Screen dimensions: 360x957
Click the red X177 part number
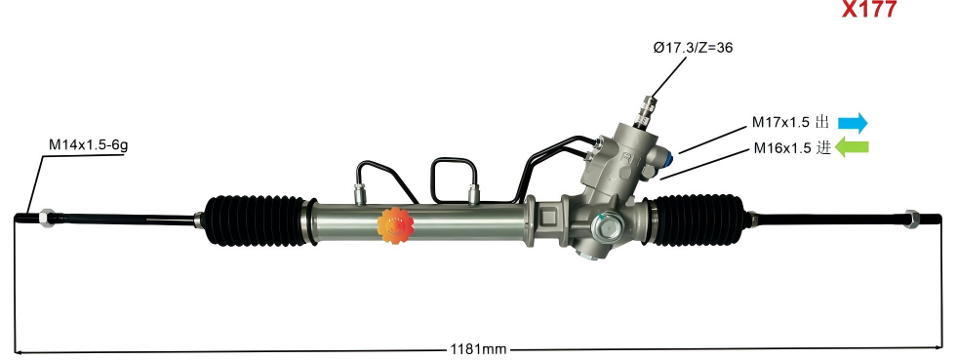pos(868,12)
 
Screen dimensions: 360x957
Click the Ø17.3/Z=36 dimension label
pos(693,47)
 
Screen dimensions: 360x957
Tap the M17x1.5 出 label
pos(789,123)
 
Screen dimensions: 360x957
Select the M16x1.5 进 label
pos(791,149)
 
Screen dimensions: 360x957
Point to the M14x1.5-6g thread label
pos(89,144)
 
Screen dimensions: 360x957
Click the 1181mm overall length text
pos(478,348)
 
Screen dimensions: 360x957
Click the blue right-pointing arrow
pos(853,122)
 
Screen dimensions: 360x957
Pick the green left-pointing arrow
pos(853,148)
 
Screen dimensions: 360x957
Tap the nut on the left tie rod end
pos(46,216)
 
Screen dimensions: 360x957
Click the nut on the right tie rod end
pos(914,218)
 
